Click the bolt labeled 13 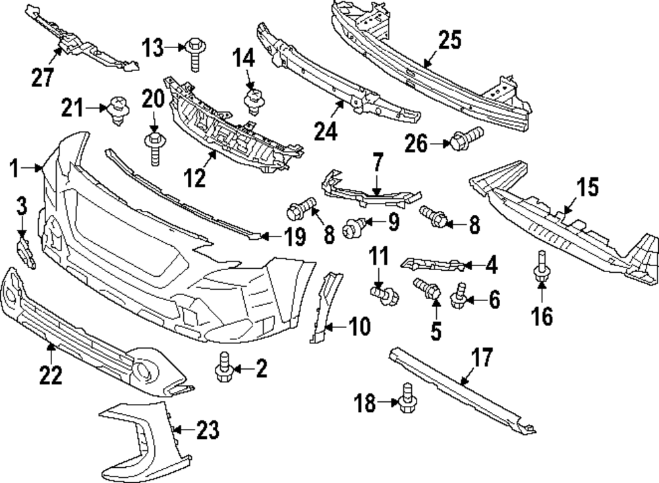pos(195,53)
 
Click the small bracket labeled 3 pos(25,253)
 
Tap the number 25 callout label pos(451,40)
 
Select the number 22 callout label pos(50,375)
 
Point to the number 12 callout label pos(195,178)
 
